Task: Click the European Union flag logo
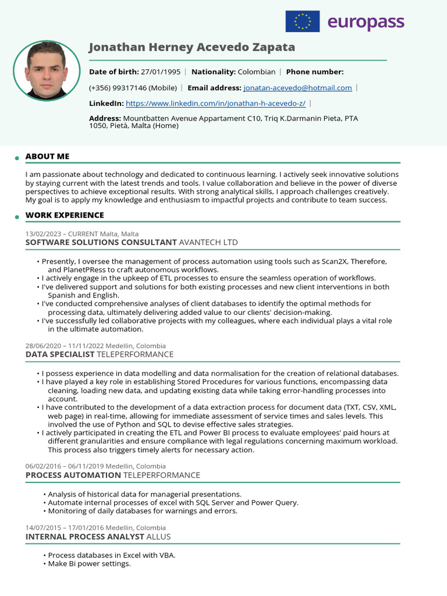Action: [302, 22]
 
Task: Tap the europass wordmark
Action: [366, 22]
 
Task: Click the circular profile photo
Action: [47, 70]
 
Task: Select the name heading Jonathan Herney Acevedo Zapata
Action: [191, 47]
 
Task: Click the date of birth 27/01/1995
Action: [161, 72]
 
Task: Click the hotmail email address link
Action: [297, 88]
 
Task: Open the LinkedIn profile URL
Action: [215, 104]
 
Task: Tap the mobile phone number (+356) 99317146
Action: [133, 88]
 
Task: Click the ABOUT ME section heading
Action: [47, 157]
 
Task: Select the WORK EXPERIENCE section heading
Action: [65, 215]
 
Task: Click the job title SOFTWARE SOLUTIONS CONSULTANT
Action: [101, 242]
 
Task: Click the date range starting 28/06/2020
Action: [95, 346]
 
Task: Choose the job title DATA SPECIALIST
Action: [59, 354]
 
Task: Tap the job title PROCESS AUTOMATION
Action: [73, 476]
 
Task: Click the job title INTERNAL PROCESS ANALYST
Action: [84, 537]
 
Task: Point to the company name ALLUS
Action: [158, 537]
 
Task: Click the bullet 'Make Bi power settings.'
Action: [89, 564]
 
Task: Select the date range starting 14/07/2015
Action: [95, 528]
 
